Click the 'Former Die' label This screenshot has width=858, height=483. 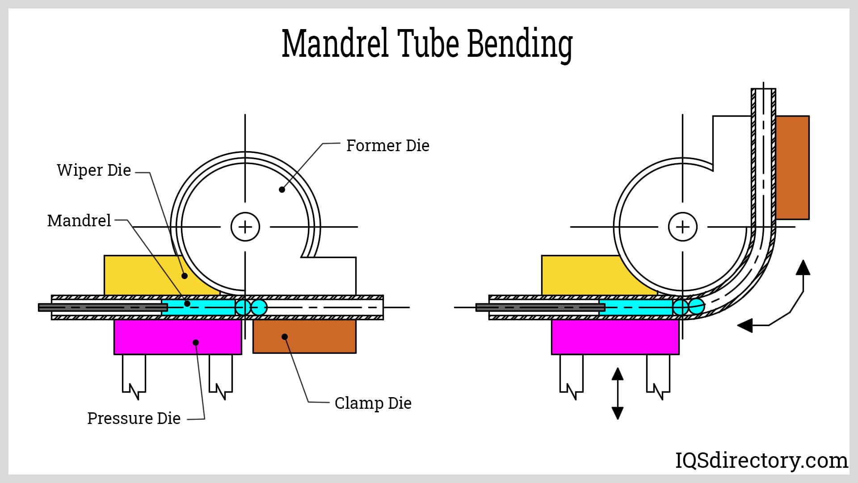[387, 146]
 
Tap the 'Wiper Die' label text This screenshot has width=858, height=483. [94, 170]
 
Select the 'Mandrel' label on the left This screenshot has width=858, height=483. [79, 221]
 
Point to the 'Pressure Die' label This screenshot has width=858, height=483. [134, 419]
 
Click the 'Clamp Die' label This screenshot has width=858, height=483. [373, 403]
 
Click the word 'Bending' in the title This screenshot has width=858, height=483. [520, 45]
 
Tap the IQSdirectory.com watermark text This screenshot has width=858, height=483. [761, 460]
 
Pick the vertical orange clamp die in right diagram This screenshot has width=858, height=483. [792, 168]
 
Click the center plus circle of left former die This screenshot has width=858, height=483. [245, 227]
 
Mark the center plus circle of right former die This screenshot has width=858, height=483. [682, 227]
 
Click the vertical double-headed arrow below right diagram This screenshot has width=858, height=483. [618, 394]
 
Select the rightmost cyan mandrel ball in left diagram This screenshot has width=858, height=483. [259, 307]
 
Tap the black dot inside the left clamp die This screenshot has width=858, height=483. [285, 337]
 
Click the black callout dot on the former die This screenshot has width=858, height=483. [282, 190]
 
